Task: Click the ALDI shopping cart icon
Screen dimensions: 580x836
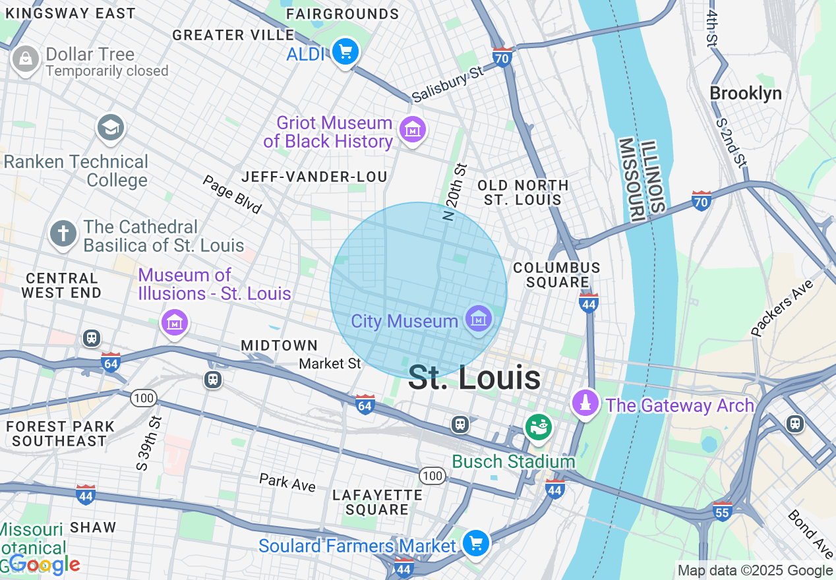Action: pos(345,51)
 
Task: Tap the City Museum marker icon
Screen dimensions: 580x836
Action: pos(478,320)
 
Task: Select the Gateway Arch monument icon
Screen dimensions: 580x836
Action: pos(585,403)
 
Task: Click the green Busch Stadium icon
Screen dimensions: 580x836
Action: pos(539,427)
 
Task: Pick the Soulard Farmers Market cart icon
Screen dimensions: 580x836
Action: pos(475,544)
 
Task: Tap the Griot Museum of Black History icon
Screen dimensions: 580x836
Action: pos(413,130)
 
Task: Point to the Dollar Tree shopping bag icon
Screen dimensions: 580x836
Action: pos(25,60)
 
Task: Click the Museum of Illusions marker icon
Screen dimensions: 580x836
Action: pos(175,322)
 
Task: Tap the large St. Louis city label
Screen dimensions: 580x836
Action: pos(475,378)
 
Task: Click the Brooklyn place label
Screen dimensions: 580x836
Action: pos(746,94)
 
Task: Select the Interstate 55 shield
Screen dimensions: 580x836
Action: pos(723,511)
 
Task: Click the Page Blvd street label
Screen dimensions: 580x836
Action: pos(232,194)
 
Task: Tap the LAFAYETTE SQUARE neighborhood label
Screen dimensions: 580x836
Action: pos(378,502)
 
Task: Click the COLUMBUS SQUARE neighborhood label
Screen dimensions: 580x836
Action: pos(556,275)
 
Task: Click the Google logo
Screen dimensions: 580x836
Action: pos(44,565)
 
